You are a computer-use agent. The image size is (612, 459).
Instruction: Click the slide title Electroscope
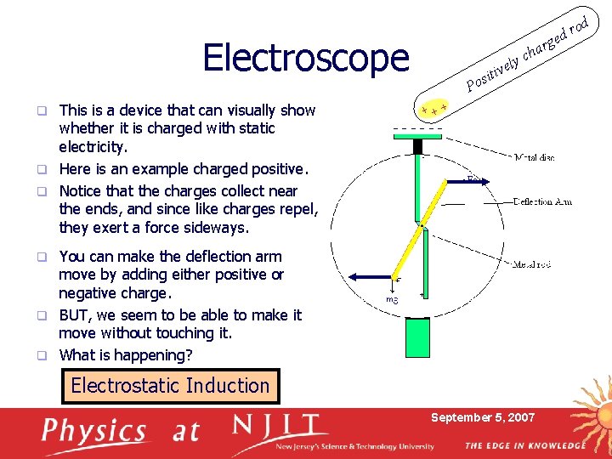pyautogui.click(x=306, y=58)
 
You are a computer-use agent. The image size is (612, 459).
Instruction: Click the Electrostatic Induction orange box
pyautogui.click(x=170, y=386)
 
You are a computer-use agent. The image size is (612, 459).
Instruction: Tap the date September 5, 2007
pyautogui.click(x=483, y=417)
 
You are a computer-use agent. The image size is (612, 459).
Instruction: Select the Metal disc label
pyautogui.click(x=535, y=157)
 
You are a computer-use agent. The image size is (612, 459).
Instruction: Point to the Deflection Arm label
pyautogui.click(x=542, y=201)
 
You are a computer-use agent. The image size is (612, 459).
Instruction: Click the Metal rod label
pyautogui.click(x=532, y=264)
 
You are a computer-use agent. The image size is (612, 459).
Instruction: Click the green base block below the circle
pyautogui.click(x=417, y=337)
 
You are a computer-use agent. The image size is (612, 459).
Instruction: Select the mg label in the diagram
pyautogui.click(x=392, y=299)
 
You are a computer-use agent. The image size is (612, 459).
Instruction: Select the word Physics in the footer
pyautogui.click(x=94, y=432)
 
